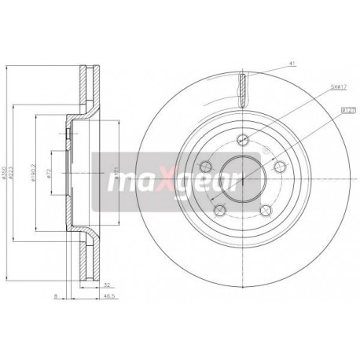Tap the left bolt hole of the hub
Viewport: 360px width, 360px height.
tap(206, 167)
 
